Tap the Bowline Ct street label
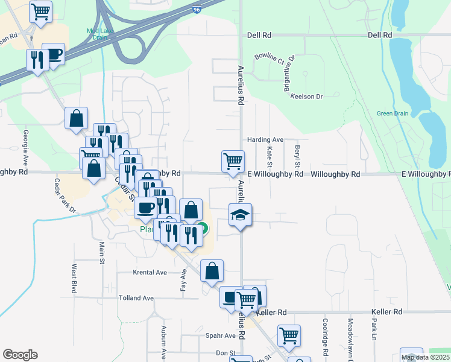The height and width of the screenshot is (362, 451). pos(269,58)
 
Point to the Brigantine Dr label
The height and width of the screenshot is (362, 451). pos(288,74)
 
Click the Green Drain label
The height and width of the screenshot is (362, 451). pos(392,113)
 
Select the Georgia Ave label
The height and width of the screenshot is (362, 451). pos(26,146)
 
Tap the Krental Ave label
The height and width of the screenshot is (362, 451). pos(150,273)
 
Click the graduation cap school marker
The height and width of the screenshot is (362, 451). pos(240,215)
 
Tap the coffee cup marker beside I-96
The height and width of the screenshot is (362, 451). pos(54,54)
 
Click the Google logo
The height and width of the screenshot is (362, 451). pos(20,355)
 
